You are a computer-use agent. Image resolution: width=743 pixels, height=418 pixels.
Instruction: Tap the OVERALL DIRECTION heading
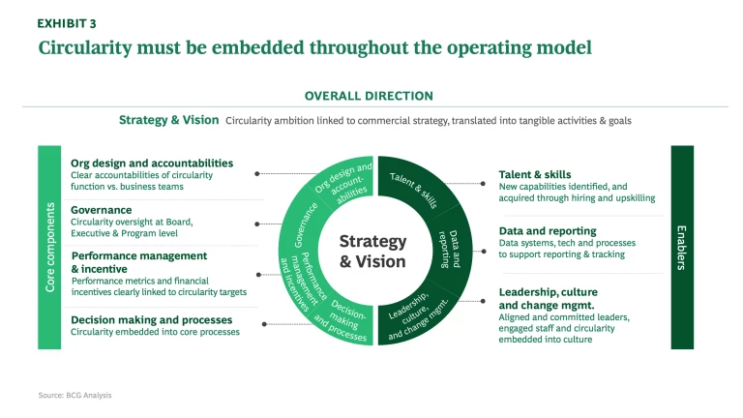(x=369, y=96)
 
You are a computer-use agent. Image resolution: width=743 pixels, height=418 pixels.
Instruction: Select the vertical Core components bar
(x=50, y=247)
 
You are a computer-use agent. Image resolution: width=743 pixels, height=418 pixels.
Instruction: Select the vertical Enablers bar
(x=682, y=247)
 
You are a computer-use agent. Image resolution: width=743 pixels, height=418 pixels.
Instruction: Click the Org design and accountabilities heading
(x=152, y=164)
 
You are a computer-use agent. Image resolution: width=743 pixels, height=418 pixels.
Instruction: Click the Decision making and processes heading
(x=151, y=319)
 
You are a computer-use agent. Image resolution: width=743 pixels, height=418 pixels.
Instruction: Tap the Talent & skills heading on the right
(x=535, y=175)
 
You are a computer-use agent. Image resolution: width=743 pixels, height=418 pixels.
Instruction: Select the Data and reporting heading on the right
(x=548, y=231)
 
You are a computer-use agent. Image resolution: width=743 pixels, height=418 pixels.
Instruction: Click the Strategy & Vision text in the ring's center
(x=372, y=251)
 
